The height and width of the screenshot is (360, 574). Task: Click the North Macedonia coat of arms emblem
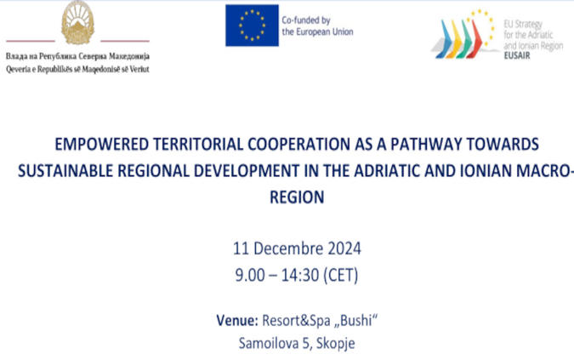click(77, 23)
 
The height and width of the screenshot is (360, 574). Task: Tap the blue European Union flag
click(252, 26)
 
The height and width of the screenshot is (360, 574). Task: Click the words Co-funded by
click(306, 20)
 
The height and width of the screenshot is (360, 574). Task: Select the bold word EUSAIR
click(517, 55)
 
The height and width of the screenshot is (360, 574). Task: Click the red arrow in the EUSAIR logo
click(476, 39)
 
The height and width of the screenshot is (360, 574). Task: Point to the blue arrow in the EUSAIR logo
click(444, 39)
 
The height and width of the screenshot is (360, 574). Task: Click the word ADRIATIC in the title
click(387, 171)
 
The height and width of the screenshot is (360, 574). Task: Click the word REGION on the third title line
click(297, 197)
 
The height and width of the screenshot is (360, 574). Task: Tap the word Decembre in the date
click(288, 249)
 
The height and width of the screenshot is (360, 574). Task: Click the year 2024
click(344, 249)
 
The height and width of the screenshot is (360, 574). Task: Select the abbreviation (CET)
click(341, 276)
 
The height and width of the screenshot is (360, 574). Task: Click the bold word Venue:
click(237, 321)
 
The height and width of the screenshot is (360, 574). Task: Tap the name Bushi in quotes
click(355, 321)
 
